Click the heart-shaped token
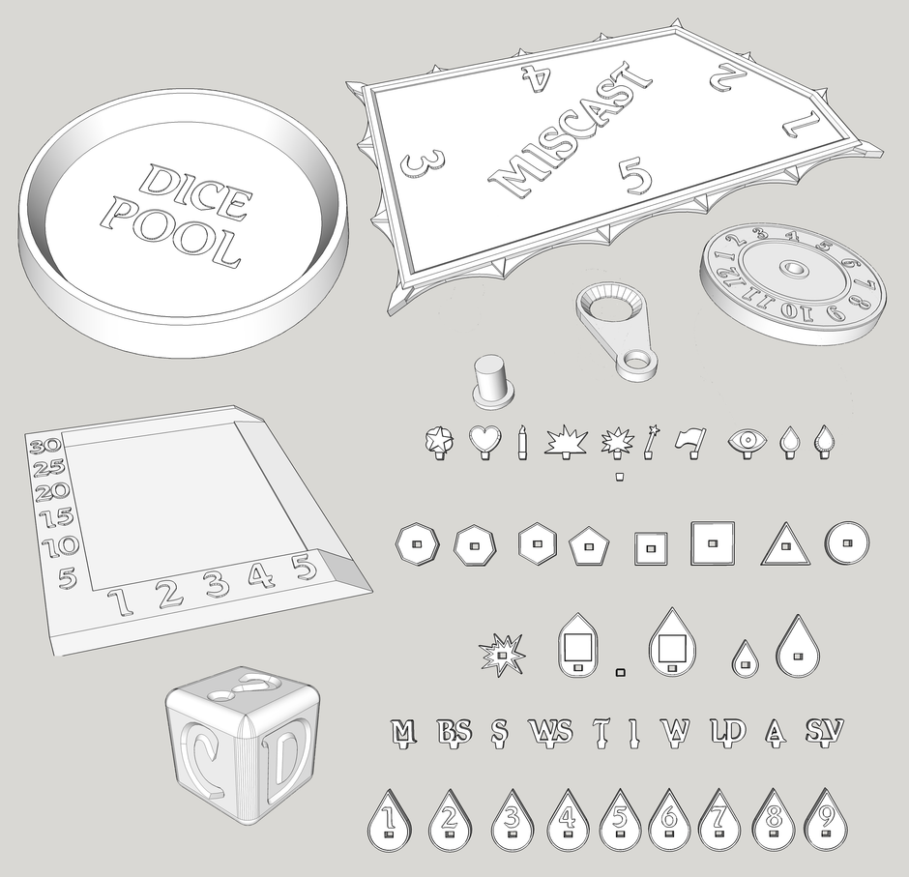(484, 441)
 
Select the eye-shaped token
(748, 440)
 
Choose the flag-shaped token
(690, 440)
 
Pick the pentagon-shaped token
(588, 546)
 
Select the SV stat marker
(824, 731)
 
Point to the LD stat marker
(727, 731)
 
